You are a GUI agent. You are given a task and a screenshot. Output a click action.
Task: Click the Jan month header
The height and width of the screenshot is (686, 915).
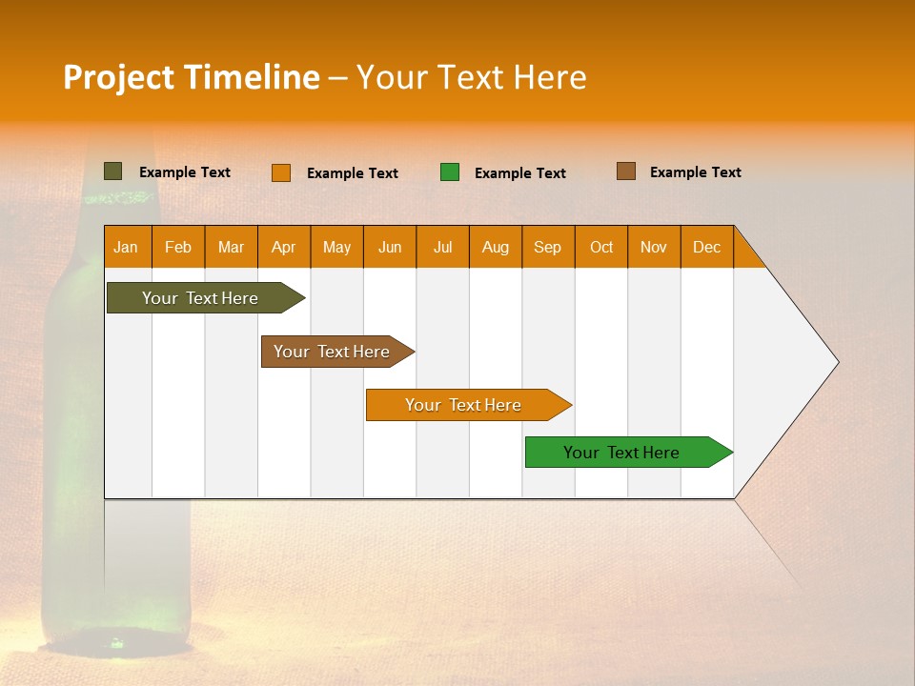point(127,247)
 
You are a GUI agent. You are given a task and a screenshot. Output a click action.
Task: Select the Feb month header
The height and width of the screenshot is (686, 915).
point(178,247)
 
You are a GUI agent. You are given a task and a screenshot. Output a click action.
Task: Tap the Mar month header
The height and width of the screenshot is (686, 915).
point(231,247)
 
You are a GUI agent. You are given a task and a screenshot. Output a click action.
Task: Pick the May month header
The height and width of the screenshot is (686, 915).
point(336,247)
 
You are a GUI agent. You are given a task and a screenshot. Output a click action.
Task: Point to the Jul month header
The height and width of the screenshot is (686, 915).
point(442,247)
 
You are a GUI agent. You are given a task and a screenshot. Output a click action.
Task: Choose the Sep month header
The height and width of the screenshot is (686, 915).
point(548,247)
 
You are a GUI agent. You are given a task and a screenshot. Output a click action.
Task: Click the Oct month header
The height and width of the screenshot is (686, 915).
point(601,247)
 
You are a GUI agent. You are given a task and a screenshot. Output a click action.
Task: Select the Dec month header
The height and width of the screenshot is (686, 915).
point(706,247)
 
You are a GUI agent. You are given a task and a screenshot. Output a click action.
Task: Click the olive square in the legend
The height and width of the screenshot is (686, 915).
point(113,171)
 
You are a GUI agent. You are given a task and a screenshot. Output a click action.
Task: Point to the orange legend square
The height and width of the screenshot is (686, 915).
point(281,172)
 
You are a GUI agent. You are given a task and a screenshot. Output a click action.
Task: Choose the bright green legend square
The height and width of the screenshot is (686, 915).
point(450,172)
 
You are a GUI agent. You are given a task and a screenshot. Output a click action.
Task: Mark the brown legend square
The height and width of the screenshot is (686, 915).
point(626,171)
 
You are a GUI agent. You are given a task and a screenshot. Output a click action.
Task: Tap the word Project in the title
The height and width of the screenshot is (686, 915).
point(118,77)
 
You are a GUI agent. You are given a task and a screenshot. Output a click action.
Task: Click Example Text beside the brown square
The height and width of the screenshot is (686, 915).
point(695,172)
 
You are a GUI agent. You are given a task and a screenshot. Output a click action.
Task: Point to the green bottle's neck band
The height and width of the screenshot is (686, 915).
point(117,198)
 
